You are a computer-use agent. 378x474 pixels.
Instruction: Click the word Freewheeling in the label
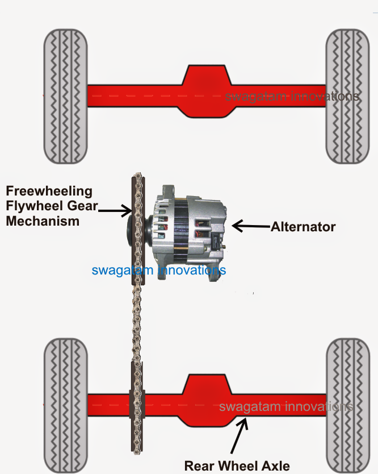coord(49,190)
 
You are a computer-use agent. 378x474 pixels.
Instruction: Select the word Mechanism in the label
coord(43,221)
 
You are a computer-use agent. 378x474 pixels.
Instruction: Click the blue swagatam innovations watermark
coord(159,270)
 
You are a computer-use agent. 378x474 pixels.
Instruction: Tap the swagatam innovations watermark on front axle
coord(292,97)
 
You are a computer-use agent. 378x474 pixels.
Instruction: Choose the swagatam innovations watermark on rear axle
coord(286,407)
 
